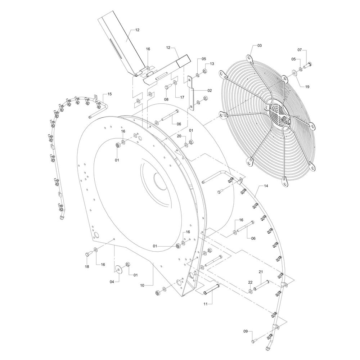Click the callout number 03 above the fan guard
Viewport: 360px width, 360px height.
coord(260,45)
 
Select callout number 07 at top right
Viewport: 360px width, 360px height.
coord(300,50)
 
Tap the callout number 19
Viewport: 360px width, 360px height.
coord(307,86)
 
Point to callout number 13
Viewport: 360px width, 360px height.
coord(212,64)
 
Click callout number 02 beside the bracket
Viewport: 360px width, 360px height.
coord(210,90)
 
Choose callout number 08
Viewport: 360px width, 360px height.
coord(166,99)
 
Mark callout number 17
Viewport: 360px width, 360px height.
coord(182,97)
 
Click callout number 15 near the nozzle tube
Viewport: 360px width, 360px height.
coord(110,94)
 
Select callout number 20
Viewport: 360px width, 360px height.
coord(179,136)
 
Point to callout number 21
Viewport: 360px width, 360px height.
coord(261,271)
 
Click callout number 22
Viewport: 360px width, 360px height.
coord(250,282)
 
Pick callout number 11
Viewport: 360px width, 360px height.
coord(206,304)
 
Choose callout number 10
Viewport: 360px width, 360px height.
coord(142,285)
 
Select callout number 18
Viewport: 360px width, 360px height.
coord(87,267)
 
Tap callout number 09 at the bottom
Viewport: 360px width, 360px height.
coord(246,331)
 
